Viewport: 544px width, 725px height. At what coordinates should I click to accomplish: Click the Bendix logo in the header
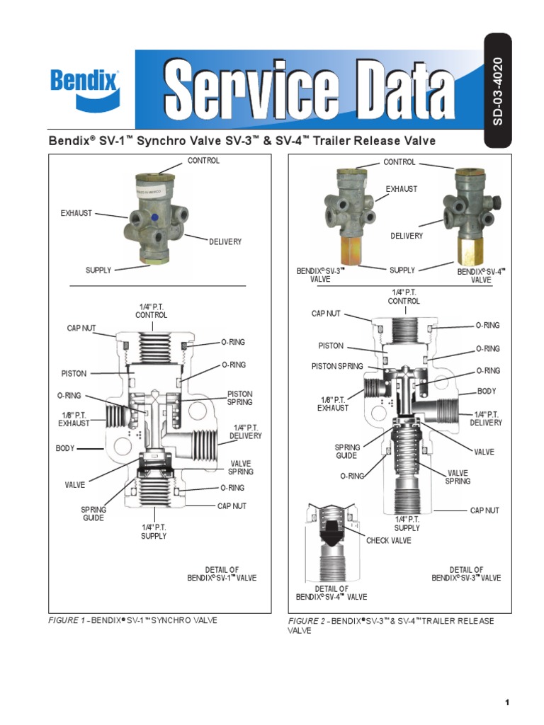pyautogui.click(x=85, y=89)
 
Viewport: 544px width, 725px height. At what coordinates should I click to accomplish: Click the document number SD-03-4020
pyautogui.click(x=498, y=91)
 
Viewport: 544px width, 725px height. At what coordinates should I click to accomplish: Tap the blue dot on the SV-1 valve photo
pyautogui.click(x=154, y=217)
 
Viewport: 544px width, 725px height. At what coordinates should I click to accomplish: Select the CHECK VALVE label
pyautogui.click(x=389, y=540)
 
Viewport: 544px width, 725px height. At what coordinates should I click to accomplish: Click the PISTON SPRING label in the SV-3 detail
pyautogui.click(x=337, y=366)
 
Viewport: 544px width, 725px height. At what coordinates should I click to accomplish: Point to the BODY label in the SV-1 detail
pyautogui.click(x=64, y=448)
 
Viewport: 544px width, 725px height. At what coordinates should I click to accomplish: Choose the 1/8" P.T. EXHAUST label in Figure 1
pyautogui.click(x=74, y=419)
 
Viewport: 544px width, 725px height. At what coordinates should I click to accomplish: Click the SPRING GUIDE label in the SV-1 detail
pyautogui.click(x=93, y=514)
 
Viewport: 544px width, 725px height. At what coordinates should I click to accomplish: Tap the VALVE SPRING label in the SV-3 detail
pyautogui.click(x=458, y=477)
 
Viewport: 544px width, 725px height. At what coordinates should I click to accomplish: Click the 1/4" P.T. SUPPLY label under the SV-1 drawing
pyautogui.click(x=154, y=532)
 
